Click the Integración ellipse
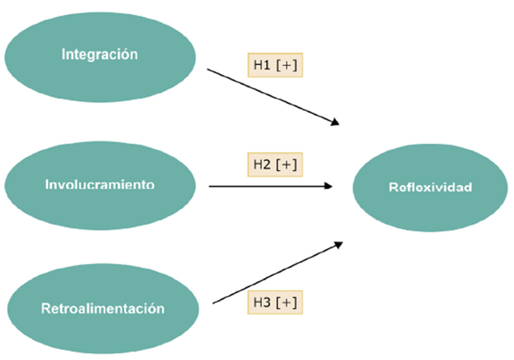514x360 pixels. (100, 54)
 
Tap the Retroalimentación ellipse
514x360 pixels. (103, 308)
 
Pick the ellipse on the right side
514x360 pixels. (430, 187)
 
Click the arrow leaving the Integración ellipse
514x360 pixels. (271, 96)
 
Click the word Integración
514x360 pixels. (100, 54)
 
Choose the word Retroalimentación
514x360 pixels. (103, 308)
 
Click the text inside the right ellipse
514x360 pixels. (430, 187)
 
